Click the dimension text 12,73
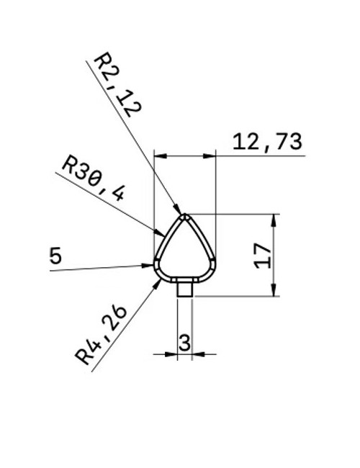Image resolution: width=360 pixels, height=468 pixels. [x=266, y=142]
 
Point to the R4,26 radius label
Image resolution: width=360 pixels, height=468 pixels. [x=102, y=335]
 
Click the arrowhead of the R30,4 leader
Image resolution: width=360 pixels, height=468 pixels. [x=162, y=231]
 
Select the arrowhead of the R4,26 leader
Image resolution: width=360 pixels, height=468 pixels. [x=158, y=283]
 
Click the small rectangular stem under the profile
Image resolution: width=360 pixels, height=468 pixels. [x=184, y=289]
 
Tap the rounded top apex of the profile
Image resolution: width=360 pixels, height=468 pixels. [x=185, y=215]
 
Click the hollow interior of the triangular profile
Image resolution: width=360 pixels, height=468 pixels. [x=185, y=252]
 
